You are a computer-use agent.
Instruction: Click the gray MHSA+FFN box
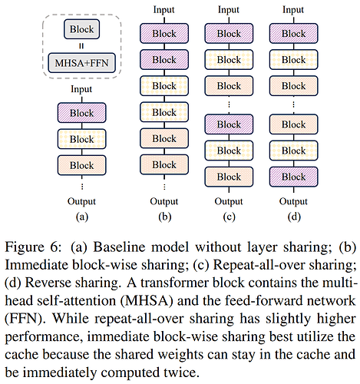[82, 63]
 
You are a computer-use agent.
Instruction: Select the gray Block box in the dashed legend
[81, 29]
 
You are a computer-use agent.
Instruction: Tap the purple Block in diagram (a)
[82, 113]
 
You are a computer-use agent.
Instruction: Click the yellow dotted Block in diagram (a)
[82, 139]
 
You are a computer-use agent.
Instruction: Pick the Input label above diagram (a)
[81, 89]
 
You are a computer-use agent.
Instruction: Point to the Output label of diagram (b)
[164, 201]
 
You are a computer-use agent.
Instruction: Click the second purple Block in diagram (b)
[164, 60]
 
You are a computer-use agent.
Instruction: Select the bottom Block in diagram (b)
[164, 164]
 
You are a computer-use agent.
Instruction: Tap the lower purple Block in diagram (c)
[229, 124]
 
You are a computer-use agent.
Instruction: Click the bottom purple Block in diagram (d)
[294, 177]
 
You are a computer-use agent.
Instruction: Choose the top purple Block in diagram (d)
[294, 33]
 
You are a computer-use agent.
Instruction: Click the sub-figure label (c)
[229, 217]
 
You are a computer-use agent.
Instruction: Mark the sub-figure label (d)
[294, 217]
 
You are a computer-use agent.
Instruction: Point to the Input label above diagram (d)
[293, 10]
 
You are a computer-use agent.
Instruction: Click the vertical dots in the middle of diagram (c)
[229, 104]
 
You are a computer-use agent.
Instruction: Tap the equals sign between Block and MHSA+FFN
[81, 46]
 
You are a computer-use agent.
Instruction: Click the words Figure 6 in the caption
[33, 247]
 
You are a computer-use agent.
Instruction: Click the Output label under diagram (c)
[229, 201]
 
